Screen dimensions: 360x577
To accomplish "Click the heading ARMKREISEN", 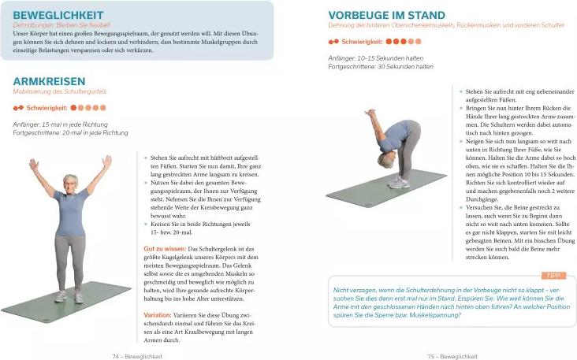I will (49, 81).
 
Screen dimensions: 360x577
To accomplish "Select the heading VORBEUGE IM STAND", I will (386, 15).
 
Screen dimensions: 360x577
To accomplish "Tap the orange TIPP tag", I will (553, 275).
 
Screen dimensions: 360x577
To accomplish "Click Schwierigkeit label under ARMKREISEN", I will (47, 107).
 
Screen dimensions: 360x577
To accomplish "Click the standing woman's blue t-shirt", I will (70, 211).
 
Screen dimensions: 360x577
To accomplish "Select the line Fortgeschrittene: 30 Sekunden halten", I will (380, 67).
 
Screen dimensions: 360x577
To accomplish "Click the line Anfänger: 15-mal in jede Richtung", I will (62, 124).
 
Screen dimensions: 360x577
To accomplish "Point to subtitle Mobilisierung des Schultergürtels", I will (59, 92).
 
